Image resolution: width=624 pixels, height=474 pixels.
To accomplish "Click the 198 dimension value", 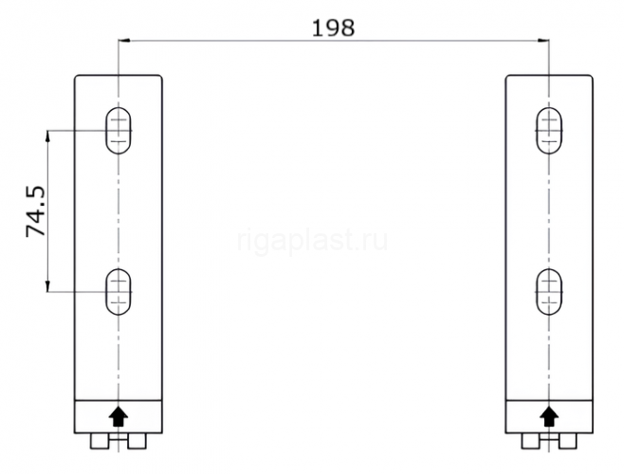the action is pyautogui.click(x=333, y=28).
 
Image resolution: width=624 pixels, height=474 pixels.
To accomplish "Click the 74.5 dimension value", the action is pyautogui.click(x=36, y=211).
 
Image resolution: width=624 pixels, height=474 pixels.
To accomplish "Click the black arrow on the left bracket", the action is pyautogui.click(x=119, y=416).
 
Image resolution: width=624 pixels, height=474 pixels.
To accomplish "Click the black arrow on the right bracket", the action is pyautogui.click(x=550, y=416).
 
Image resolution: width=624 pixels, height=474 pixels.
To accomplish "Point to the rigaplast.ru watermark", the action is pyautogui.click(x=312, y=241).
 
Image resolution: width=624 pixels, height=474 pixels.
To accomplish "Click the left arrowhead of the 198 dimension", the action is pyautogui.click(x=124, y=40).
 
